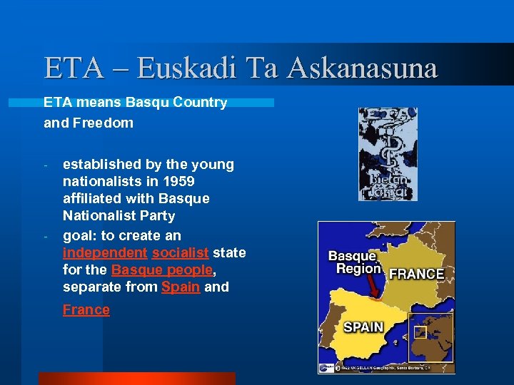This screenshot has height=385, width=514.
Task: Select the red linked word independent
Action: (104, 252)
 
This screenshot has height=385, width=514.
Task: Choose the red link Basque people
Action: (162, 269)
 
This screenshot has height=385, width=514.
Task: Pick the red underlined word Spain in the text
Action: (181, 287)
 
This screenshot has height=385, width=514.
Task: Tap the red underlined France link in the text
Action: (86, 309)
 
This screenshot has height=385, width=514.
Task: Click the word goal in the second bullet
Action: (78, 235)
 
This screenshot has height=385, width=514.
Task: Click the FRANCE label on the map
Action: (417, 274)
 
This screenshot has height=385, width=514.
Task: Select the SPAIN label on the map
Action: (363, 327)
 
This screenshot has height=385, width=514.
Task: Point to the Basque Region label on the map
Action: (353, 262)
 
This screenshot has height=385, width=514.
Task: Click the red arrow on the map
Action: (371, 287)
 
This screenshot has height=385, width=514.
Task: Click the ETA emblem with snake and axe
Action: (388, 154)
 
